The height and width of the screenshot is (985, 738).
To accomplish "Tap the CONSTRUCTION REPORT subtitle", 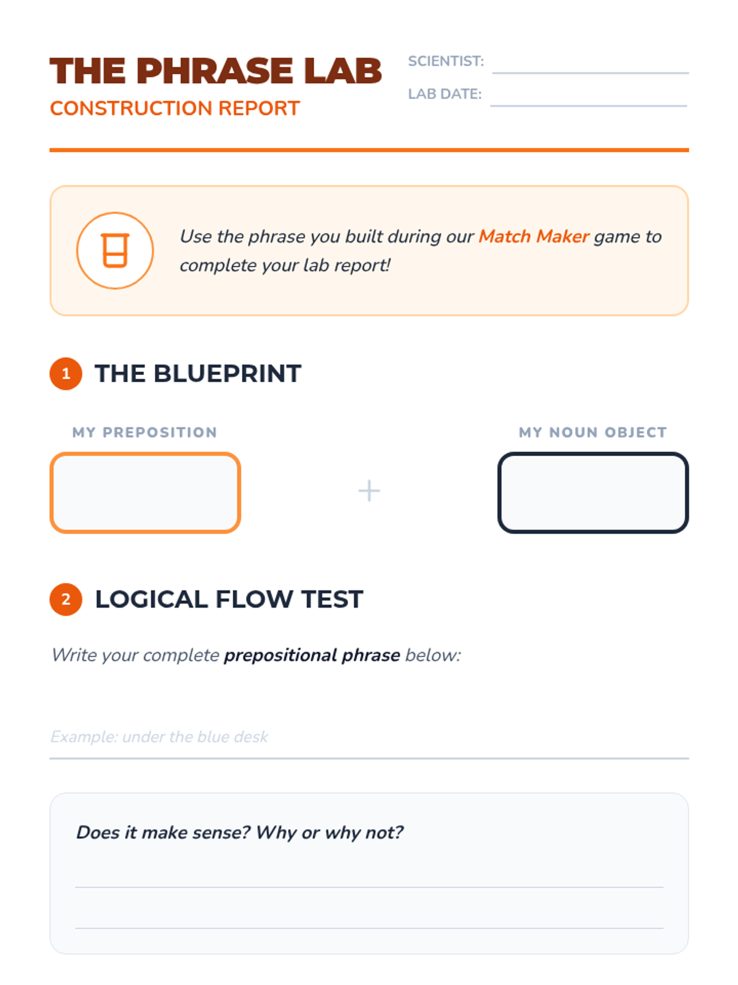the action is point(175,108).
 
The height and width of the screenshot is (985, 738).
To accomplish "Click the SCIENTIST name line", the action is point(590,73).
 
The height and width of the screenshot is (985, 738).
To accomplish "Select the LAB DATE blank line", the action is point(589,106).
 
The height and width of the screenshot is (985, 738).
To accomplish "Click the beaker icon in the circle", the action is point(115,251).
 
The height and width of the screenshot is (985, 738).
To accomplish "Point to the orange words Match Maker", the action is point(534,236).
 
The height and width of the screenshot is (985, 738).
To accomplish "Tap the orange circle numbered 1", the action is point(66,373).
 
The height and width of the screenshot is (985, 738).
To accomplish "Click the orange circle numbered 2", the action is point(66,599).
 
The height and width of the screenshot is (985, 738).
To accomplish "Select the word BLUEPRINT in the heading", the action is point(227,373).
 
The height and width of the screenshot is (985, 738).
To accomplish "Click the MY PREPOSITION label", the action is point(145,432).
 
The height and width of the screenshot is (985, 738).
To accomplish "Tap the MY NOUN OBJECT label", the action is point(593,432).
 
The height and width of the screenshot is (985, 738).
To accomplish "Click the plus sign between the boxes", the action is point(369,491).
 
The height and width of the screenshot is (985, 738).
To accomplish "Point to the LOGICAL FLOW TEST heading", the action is point(229,599).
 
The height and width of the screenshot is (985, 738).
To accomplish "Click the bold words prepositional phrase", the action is point(312,655).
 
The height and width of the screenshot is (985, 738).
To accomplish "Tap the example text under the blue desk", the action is point(159,736).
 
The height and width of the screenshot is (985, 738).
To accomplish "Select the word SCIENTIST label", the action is point(446,61).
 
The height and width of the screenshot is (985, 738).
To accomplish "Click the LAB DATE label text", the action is point(445,94).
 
